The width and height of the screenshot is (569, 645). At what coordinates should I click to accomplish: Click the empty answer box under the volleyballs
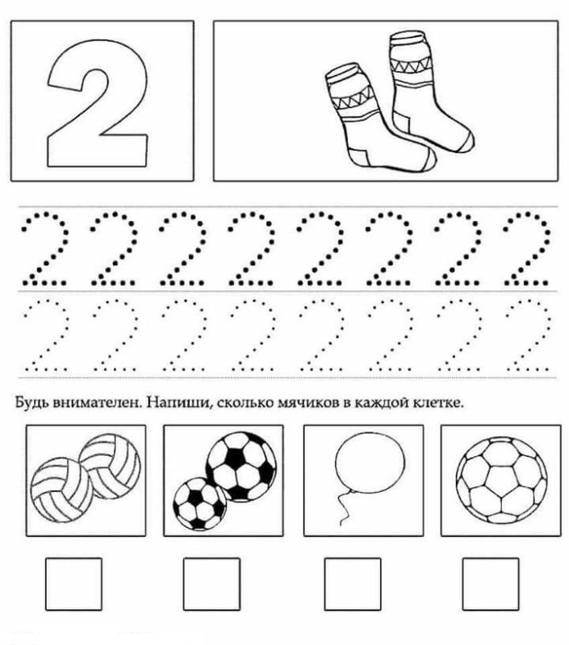(73, 583)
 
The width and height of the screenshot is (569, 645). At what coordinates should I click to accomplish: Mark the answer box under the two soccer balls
(212, 584)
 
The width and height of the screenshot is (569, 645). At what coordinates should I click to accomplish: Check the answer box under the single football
(490, 584)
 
